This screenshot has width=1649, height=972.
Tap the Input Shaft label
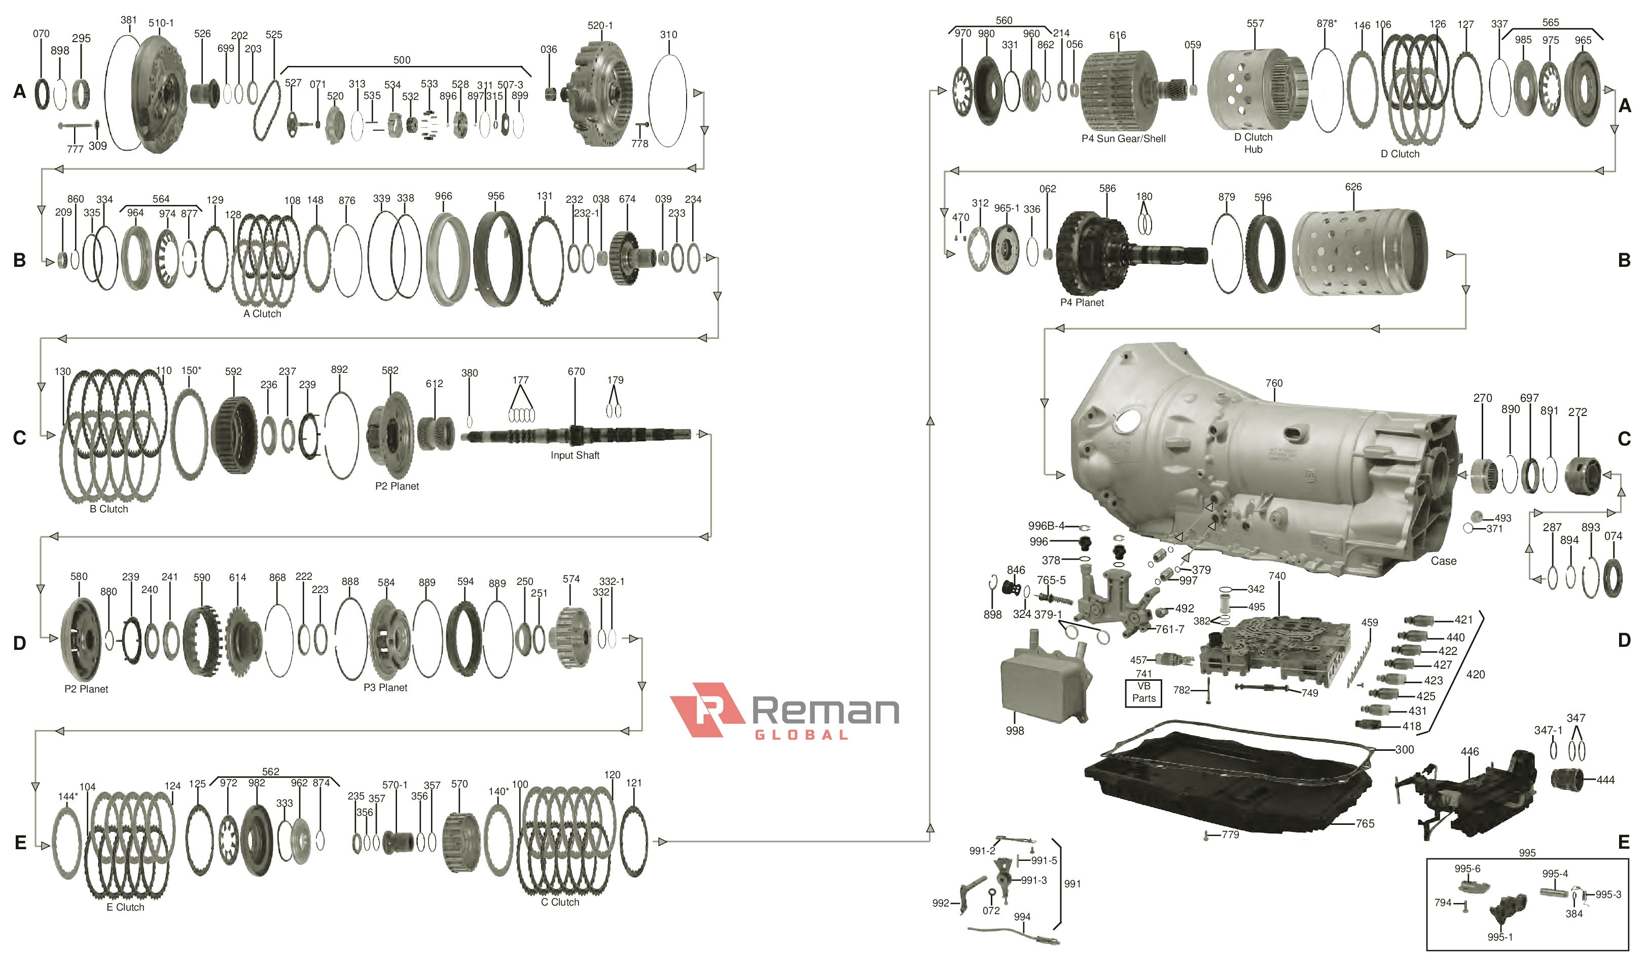tap(575, 455)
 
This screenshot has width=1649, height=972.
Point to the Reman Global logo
tap(784, 711)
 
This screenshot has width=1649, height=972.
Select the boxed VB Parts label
tap(1143, 692)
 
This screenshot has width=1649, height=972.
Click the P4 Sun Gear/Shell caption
tap(1123, 139)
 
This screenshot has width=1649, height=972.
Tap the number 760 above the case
tap(1274, 383)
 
